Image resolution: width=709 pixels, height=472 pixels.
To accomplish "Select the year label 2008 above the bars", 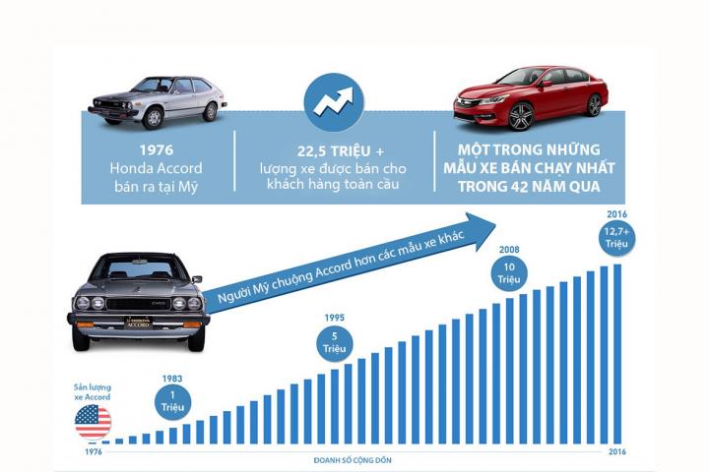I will tap(509, 250).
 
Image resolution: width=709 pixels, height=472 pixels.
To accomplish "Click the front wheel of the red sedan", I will tap(521, 116).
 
